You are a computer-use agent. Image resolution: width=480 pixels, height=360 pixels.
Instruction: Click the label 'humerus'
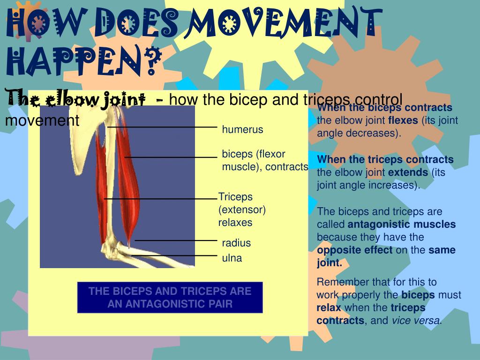[x=242, y=129]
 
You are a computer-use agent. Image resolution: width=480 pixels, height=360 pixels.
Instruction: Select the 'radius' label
[x=236, y=243]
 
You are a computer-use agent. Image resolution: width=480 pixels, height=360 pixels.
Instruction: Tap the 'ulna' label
[x=232, y=258]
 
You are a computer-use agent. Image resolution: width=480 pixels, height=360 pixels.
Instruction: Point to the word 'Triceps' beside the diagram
[x=235, y=197]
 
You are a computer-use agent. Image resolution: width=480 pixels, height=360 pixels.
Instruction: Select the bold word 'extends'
[x=408, y=172]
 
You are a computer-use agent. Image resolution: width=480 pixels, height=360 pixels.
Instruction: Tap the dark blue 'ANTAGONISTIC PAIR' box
[x=170, y=297]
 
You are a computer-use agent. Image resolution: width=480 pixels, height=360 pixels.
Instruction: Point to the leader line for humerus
[x=162, y=127]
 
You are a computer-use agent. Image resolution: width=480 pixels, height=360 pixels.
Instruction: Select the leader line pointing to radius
[x=176, y=240]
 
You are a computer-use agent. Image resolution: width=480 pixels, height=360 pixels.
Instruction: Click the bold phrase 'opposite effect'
[x=355, y=250]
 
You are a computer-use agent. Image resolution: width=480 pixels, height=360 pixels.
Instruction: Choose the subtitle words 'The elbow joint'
[x=75, y=99]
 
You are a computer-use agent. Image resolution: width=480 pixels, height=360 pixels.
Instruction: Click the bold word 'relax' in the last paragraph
[x=329, y=308]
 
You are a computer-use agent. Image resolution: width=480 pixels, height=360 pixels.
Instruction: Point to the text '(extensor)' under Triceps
[x=242, y=210]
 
